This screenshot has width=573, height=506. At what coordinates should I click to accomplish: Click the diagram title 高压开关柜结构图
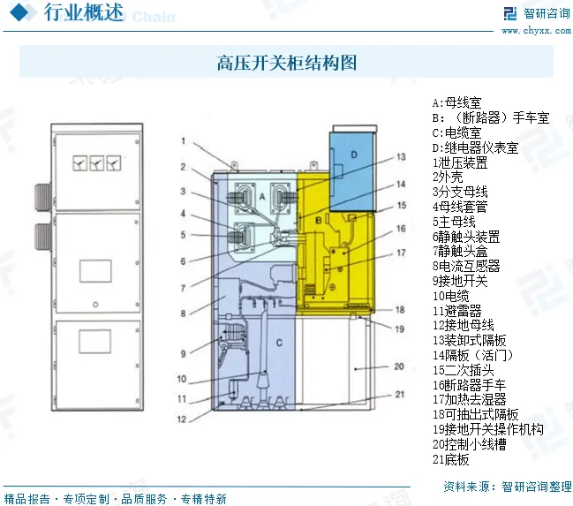click(287, 63)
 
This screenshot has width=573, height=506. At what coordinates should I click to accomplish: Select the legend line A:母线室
click(457, 102)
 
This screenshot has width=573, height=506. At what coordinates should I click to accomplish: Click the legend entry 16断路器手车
click(469, 385)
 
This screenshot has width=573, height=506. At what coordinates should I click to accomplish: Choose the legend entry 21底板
click(451, 460)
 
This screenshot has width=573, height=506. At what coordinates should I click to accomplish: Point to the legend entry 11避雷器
click(457, 311)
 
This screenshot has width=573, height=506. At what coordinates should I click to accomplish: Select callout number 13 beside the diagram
click(400, 156)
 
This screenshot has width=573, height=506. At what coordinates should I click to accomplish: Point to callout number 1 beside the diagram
click(182, 140)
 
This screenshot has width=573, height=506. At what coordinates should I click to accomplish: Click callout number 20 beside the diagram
click(399, 366)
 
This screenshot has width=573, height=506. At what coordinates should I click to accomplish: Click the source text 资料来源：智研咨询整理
click(507, 487)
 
